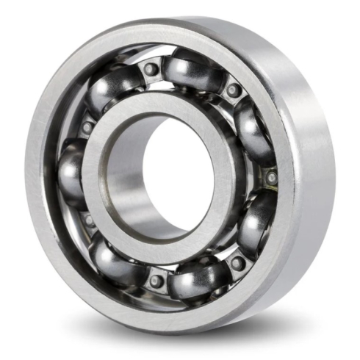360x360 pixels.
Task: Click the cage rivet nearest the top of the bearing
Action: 151,69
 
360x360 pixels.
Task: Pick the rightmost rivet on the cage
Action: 271,177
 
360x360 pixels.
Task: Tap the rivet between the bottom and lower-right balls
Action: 237,262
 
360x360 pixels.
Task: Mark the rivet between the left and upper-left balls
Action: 87,127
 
